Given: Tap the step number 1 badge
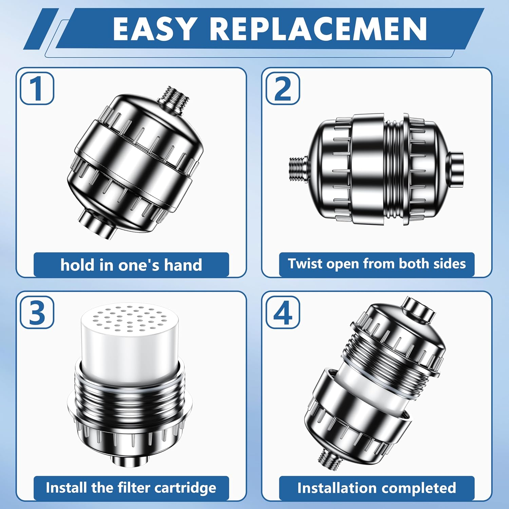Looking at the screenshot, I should click(37, 88).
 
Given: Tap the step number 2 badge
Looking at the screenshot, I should click(282, 88).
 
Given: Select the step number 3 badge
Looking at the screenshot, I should click(37, 312).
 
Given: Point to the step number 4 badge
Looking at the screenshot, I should click(282, 312).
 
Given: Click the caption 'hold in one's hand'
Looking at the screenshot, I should click(131, 265).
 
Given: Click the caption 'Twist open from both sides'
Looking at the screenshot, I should click(377, 264).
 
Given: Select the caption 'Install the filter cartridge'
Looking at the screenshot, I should click(131, 488).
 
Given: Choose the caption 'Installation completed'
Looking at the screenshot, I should click(377, 488).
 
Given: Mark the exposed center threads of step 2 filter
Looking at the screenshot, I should click(394, 170).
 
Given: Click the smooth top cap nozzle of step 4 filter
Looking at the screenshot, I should click(418, 309).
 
